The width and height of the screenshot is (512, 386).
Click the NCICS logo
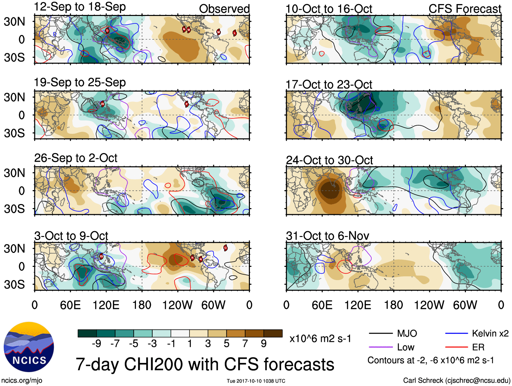29,347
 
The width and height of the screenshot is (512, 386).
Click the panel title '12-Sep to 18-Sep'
80,7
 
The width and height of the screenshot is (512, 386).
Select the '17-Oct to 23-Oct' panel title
329,84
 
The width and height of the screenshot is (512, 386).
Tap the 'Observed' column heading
224,9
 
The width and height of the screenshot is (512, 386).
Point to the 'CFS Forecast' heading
465,9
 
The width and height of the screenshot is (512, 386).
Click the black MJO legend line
380,334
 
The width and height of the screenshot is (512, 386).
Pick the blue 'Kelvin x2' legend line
457,334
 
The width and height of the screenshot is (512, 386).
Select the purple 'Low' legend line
380,347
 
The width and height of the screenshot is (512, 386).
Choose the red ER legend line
457,347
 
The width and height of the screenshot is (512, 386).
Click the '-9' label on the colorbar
96,344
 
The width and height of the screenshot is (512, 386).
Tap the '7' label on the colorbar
245,344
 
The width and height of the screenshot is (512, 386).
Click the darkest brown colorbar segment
273,333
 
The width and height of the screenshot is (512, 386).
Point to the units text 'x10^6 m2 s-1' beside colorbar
320,339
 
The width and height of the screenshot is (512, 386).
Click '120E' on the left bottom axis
106,305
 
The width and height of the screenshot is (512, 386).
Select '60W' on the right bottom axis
465,305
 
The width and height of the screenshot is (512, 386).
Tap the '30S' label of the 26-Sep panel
14,209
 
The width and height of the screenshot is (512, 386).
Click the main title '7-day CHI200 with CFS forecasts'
205,364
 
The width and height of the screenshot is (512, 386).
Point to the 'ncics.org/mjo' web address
22,381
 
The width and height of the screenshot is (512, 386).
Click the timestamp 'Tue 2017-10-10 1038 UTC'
256,381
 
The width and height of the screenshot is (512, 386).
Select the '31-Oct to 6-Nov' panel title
327,236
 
